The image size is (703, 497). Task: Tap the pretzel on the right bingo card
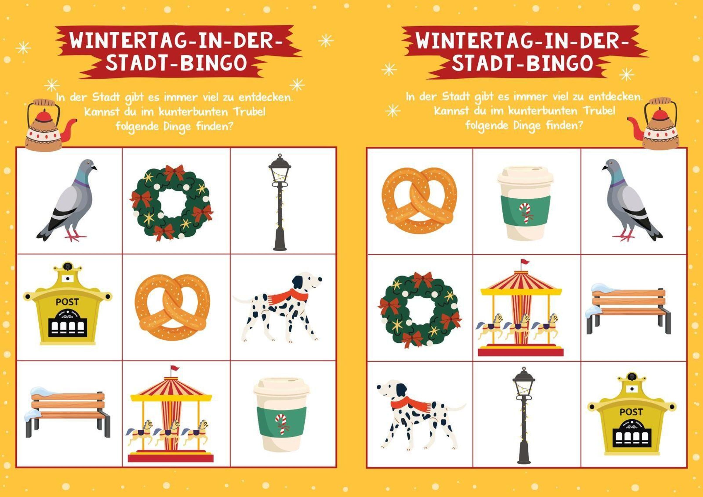point(419,201)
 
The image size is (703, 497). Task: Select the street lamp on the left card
point(279,202)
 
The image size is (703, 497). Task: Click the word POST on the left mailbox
point(67,302)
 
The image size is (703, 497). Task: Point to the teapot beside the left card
point(49,126)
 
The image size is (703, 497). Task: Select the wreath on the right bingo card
point(420,310)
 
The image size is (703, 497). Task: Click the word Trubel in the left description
point(249,112)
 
